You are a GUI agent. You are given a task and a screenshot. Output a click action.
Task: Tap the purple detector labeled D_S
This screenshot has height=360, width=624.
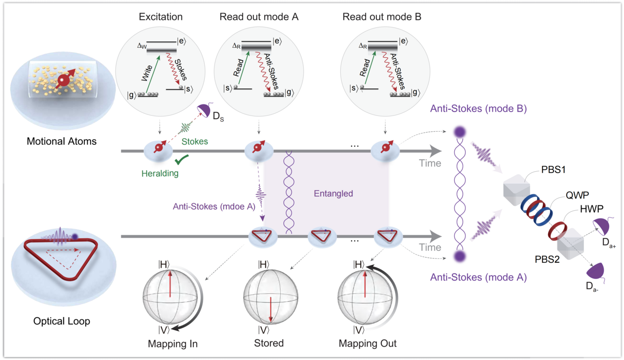coord(204,114)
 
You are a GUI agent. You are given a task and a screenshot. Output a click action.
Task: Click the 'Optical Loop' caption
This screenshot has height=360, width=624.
coord(61,321)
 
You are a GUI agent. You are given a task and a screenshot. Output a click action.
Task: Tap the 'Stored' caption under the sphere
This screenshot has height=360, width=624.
coord(269,343)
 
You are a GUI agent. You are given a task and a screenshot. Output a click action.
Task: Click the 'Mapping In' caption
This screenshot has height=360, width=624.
coord(173,343)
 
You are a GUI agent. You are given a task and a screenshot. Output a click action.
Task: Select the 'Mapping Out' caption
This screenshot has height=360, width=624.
coord(368,343)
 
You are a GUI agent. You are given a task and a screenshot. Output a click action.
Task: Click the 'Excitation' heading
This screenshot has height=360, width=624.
coord(160,17)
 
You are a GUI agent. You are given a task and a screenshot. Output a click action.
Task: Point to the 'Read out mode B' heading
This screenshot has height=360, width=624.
coord(382,17)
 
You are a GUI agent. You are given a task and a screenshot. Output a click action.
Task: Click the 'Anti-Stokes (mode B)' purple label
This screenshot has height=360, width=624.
coord(478,109)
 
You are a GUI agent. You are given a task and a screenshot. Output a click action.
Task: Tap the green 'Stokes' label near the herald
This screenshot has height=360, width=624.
coord(195,141)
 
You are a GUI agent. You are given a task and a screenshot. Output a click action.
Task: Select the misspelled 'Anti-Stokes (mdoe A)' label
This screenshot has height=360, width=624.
coord(214,206)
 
